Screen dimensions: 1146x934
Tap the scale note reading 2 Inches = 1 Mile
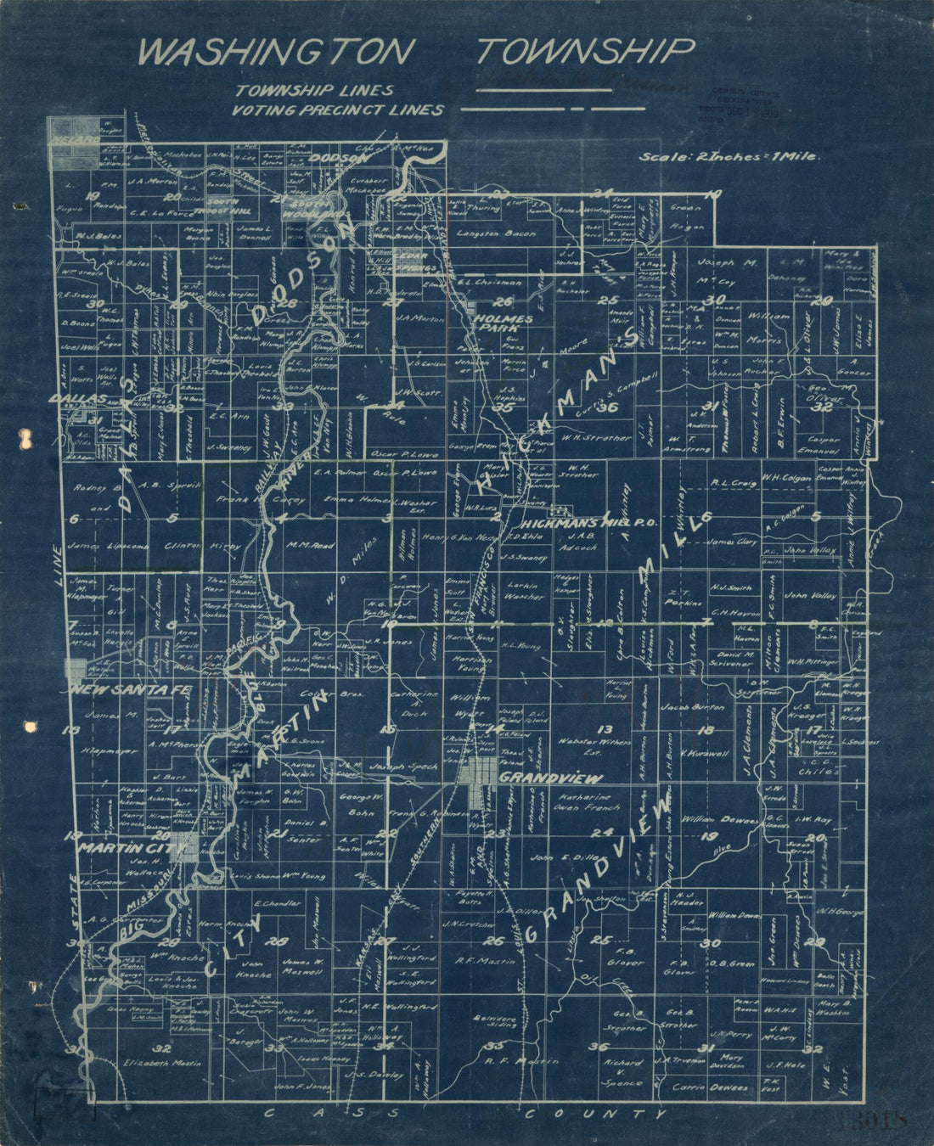point(729,157)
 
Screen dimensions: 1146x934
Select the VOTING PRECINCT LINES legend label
point(340,110)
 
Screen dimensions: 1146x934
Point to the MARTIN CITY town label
point(132,847)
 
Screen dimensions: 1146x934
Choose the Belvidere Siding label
point(492,1022)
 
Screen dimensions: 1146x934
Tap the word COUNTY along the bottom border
point(594,1113)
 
